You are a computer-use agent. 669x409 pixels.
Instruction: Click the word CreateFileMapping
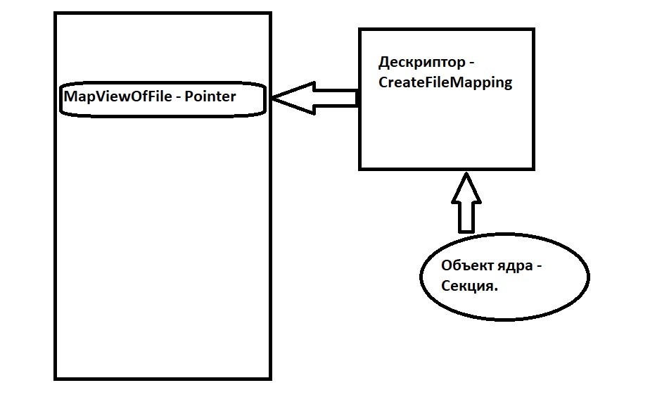(x=445, y=82)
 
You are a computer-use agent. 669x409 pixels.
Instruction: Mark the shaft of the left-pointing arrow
(x=335, y=99)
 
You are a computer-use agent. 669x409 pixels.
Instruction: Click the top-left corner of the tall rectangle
(x=56, y=13)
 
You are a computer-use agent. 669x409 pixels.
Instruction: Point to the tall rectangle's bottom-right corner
(x=270, y=379)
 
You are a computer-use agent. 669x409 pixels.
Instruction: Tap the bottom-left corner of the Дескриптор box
(x=360, y=168)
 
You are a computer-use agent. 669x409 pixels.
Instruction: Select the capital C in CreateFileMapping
(x=383, y=82)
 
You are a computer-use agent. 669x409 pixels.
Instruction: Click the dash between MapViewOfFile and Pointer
(x=179, y=98)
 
